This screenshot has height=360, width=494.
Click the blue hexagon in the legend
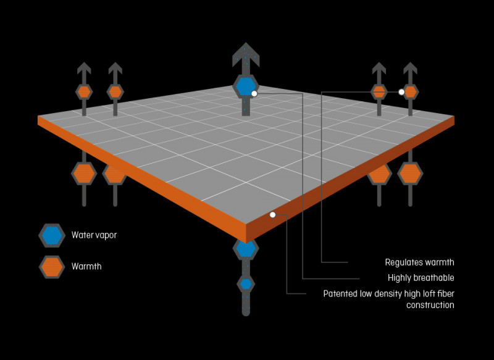tap(52, 235)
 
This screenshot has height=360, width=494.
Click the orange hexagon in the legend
tap(52, 267)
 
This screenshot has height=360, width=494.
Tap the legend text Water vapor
tap(94, 235)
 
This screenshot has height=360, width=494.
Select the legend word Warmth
tap(86, 267)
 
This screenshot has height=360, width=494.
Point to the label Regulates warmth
tap(419, 262)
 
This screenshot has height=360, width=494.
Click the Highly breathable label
tap(421, 278)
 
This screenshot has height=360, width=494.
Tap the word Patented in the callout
tap(340, 293)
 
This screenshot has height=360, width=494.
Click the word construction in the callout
tap(430, 305)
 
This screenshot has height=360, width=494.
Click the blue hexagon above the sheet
tap(245, 86)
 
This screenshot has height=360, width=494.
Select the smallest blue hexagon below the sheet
tap(246, 284)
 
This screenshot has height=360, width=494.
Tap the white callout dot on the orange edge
tap(272, 215)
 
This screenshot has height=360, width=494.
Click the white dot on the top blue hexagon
tap(254, 93)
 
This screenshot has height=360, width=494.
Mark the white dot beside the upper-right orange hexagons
tap(401, 92)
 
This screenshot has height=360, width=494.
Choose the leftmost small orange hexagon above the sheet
tap(85, 92)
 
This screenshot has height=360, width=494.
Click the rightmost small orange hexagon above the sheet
tap(411, 92)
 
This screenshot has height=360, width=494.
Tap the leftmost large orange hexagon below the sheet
tap(84, 174)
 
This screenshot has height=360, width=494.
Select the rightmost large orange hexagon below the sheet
tap(410, 174)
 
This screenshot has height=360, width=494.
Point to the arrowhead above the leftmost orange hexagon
tap(85, 69)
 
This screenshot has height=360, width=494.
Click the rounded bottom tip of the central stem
tap(246, 312)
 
